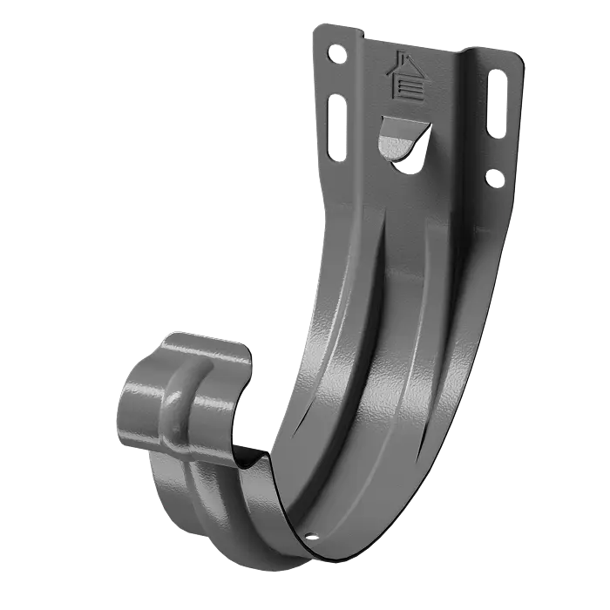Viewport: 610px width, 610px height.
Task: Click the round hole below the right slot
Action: pos(494,178)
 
